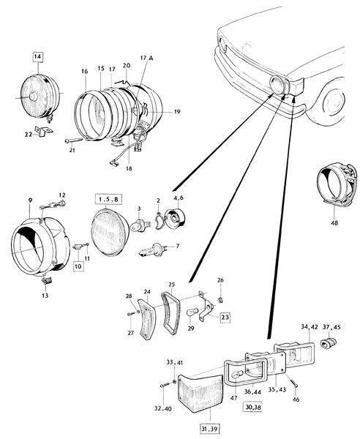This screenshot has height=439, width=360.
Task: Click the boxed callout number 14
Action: [38, 56]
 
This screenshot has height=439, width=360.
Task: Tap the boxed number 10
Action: [78, 266]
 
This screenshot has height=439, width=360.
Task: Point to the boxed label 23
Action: [225, 318]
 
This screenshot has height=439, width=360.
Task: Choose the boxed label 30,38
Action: [252, 407]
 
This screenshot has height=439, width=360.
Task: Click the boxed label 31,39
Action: [210, 429]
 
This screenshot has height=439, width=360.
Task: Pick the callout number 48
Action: [334, 223]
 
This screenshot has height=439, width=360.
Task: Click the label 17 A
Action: [146, 59]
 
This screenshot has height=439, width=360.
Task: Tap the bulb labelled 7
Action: [154, 249]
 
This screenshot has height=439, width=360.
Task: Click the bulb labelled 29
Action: [193, 312]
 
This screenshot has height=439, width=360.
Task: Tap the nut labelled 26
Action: [220, 300]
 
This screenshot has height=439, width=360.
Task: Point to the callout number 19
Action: [177, 111]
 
